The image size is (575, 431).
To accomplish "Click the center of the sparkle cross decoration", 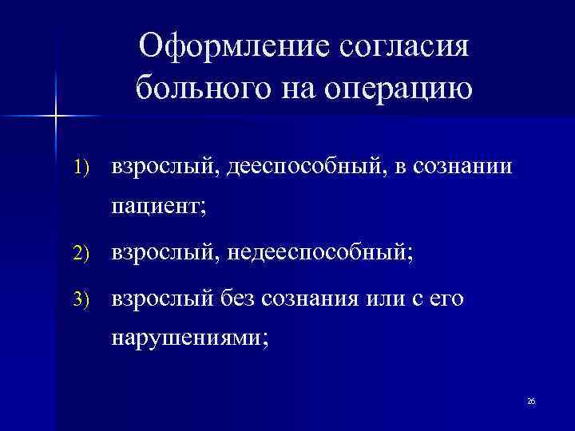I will pos(56,116).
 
